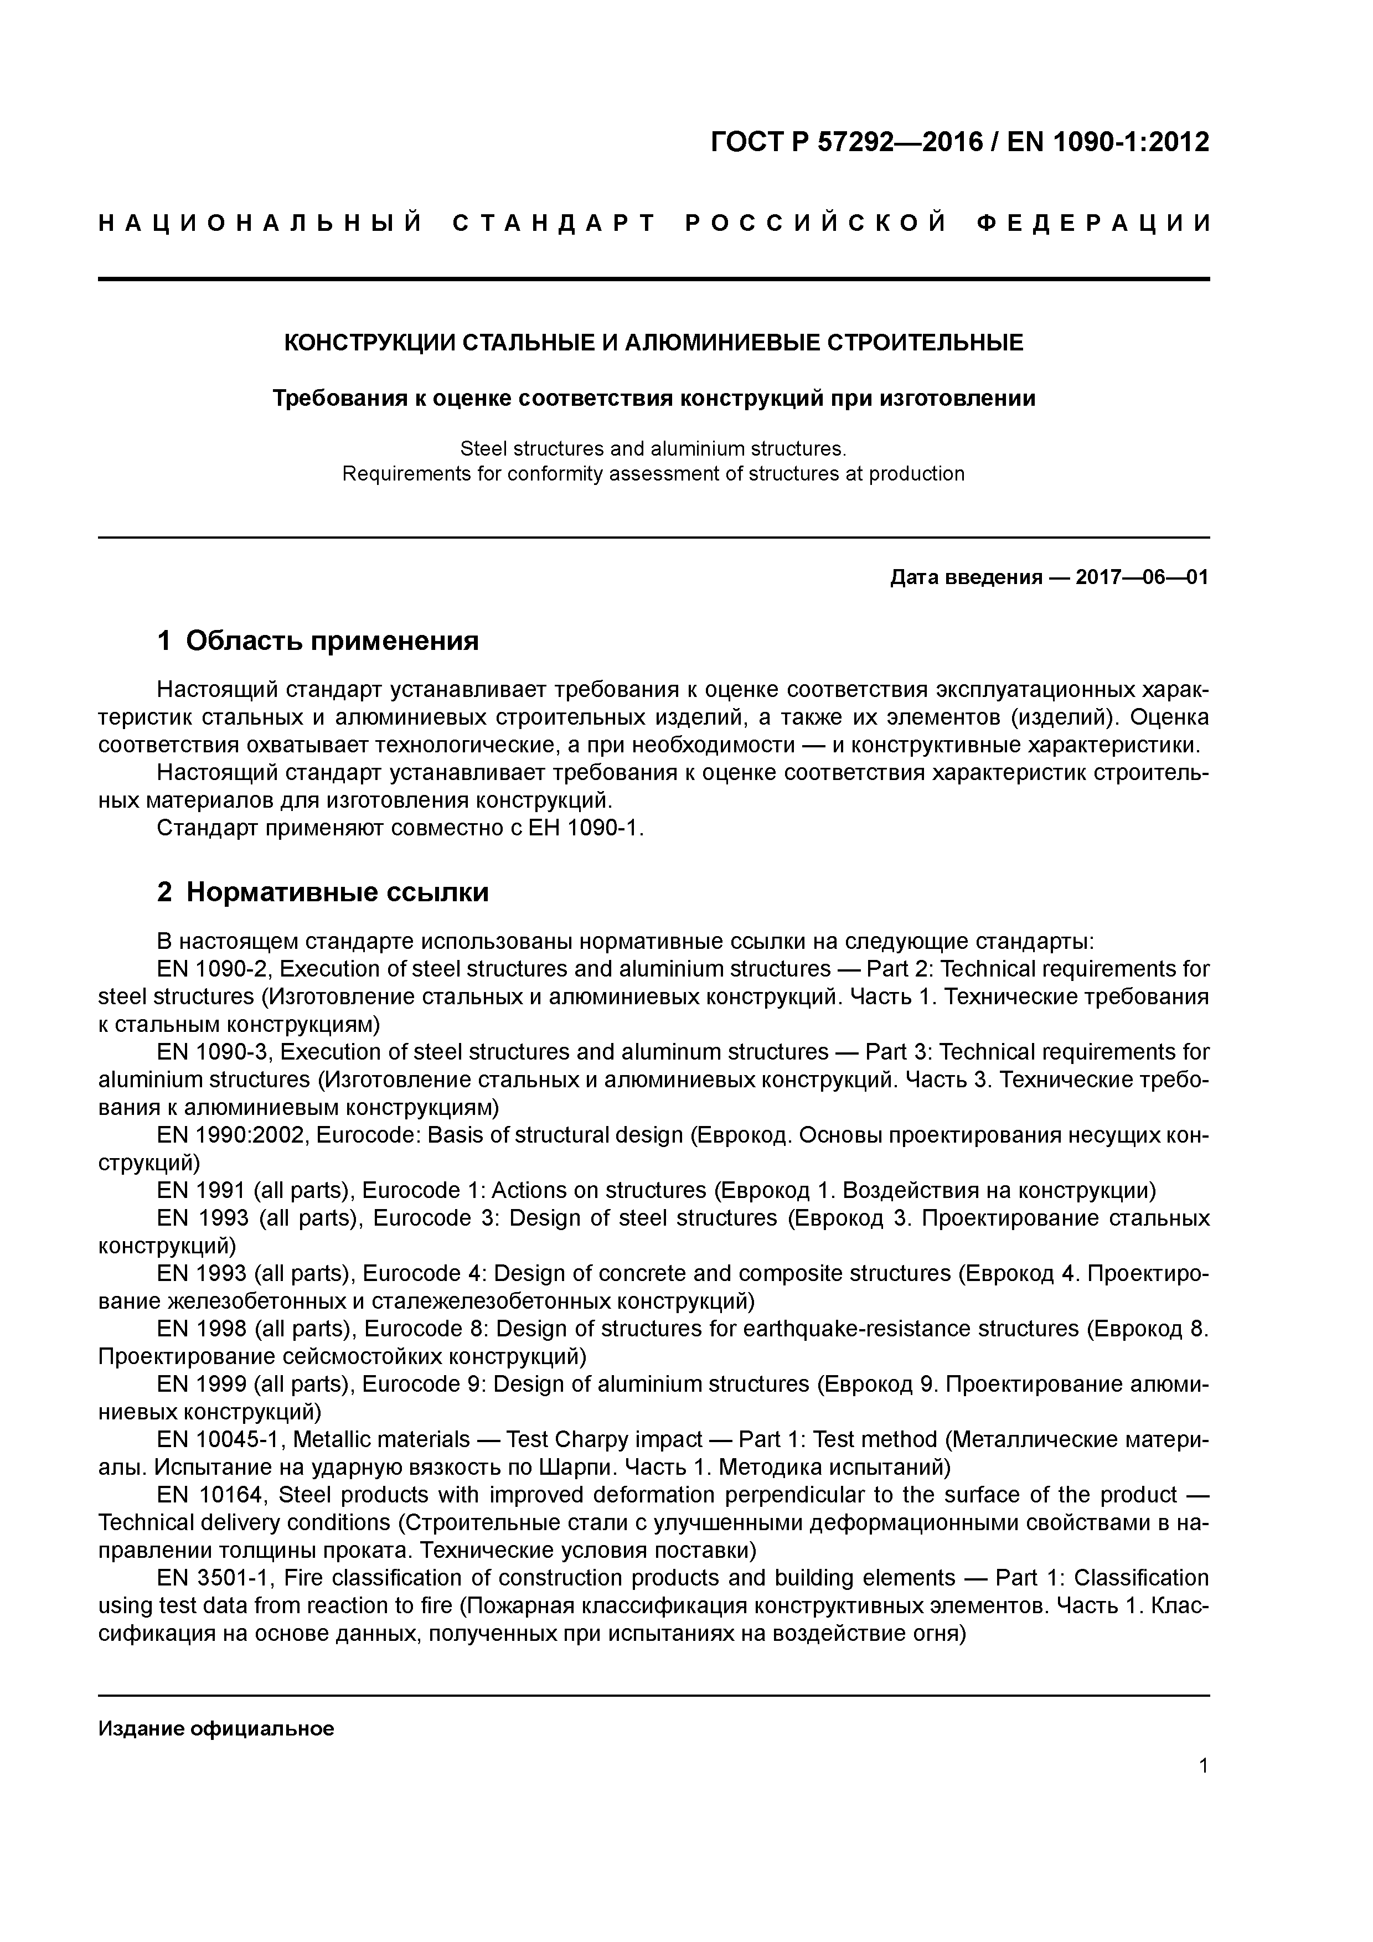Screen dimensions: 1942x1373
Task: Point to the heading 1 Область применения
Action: (318, 641)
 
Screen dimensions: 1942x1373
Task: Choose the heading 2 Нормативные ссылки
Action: (323, 892)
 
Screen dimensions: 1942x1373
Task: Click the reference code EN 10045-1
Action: (219, 1439)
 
